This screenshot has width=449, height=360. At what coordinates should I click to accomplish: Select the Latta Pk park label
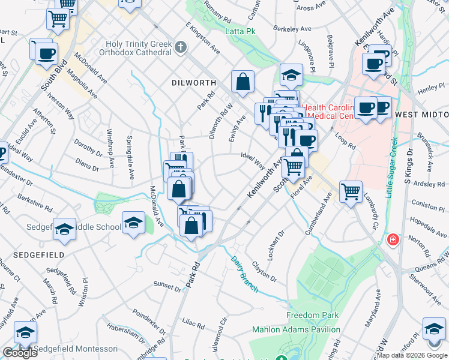pos(240,31)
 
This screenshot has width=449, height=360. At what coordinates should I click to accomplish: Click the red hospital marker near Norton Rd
pos(393,240)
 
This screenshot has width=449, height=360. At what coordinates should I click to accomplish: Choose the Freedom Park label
pos(312,315)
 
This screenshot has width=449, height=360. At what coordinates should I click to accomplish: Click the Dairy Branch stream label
pos(245,275)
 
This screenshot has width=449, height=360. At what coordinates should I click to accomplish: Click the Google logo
pos(20,352)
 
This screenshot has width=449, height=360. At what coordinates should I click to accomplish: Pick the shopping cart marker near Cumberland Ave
pos(351,193)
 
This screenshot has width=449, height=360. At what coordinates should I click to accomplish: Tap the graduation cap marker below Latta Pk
pos(291,76)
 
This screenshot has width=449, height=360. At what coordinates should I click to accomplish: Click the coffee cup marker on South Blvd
pos(46,54)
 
